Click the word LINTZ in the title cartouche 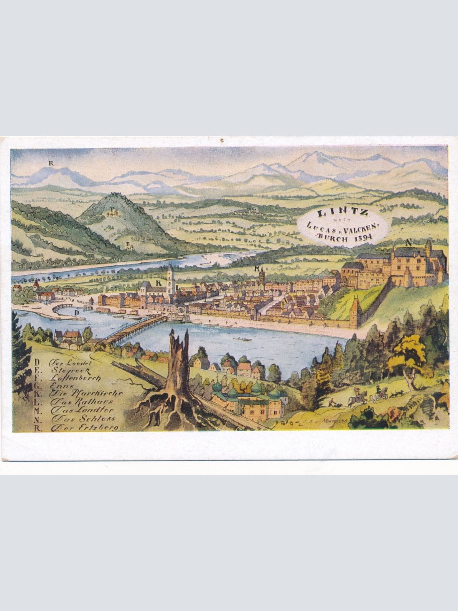point(343,213)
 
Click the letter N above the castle point(408,242)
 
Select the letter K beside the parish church point(158,283)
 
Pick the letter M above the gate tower point(257,268)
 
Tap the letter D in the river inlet point(77,313)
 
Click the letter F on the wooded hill point(112,209)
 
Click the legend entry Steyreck point(73,370)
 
